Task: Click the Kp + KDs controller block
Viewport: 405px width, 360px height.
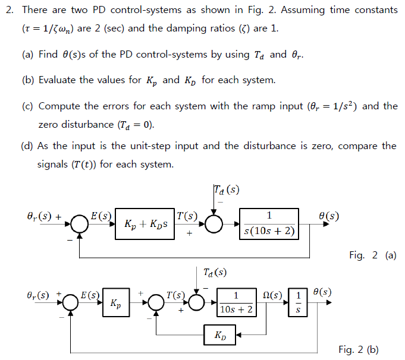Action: (145, 224)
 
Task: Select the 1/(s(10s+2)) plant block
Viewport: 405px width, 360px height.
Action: (269, 224)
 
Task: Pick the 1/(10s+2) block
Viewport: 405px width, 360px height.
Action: (236, 303)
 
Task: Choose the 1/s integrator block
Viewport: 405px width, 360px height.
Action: (298, 303)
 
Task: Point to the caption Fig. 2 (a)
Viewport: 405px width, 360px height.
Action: (372, 255)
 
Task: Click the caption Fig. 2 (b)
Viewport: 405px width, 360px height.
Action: (358, 349)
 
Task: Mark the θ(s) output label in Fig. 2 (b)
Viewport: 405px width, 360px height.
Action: (322, 292)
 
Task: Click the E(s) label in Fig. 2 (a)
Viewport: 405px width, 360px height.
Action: (101, 216)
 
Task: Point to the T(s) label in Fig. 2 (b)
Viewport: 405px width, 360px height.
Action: (176, 294)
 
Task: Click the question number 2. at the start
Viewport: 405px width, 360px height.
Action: (9, 10)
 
